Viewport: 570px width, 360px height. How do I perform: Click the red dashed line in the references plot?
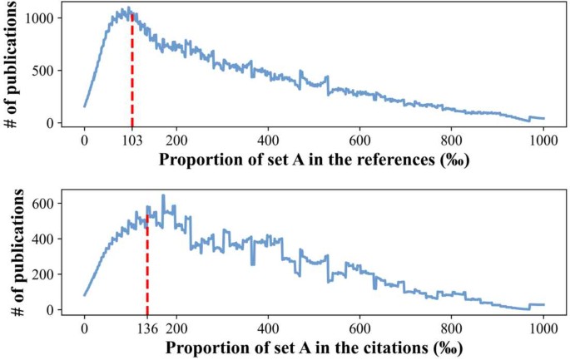(x=131, y=75)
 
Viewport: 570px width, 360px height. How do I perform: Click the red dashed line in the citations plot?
(x=147, y=266)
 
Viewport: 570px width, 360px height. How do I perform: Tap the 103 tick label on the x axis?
(x=131, y=140)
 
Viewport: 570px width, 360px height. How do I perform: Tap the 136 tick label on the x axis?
(x=147, y=327)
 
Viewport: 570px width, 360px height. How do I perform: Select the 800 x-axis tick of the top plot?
(x=452, y=140)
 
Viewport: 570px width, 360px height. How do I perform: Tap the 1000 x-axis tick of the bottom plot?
(x=543, y=327)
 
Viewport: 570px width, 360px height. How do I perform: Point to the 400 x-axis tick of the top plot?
(x=268, y=140)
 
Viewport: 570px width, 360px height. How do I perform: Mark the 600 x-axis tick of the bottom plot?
(x=359, y=327)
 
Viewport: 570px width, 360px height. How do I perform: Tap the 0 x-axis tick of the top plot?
(x=84, y=140)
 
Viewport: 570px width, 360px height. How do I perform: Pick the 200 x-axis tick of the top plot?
(x=176, y=140)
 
